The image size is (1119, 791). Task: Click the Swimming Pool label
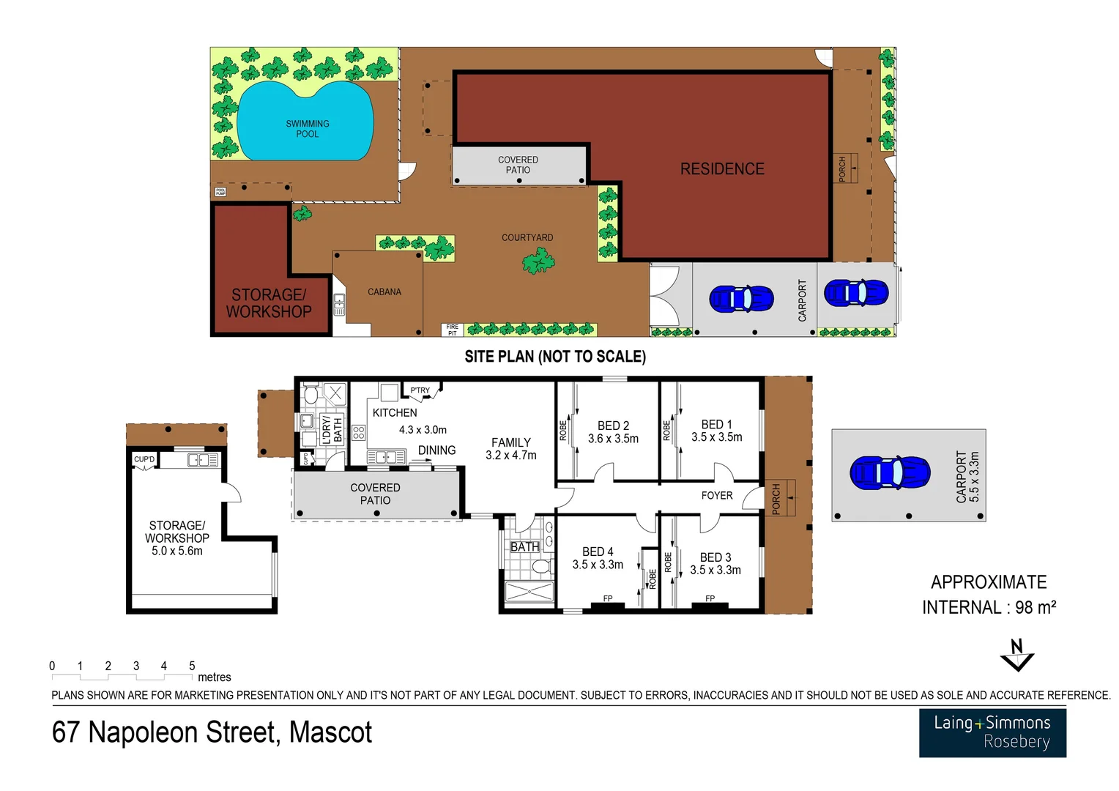307,129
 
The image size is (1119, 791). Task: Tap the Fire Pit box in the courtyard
452,330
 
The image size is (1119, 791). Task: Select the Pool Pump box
220,192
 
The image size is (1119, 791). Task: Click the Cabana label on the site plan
384,291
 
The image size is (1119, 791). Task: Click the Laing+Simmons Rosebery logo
992,732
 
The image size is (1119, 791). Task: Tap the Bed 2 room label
613,426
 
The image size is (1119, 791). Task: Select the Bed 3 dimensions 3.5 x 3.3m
715,570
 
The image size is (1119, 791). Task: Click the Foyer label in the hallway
716,496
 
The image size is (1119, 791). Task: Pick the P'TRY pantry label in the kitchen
420,390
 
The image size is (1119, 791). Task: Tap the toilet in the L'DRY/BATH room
311,396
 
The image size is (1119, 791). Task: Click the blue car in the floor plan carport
890,472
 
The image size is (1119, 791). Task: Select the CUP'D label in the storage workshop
144,460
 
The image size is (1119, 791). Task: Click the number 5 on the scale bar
192,666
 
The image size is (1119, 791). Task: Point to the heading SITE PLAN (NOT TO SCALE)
555,357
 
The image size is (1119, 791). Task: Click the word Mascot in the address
330,732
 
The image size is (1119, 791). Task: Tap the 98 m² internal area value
1035,607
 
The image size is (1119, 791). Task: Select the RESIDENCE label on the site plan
722,169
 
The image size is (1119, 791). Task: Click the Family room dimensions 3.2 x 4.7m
510,455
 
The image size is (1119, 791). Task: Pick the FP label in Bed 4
607,598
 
